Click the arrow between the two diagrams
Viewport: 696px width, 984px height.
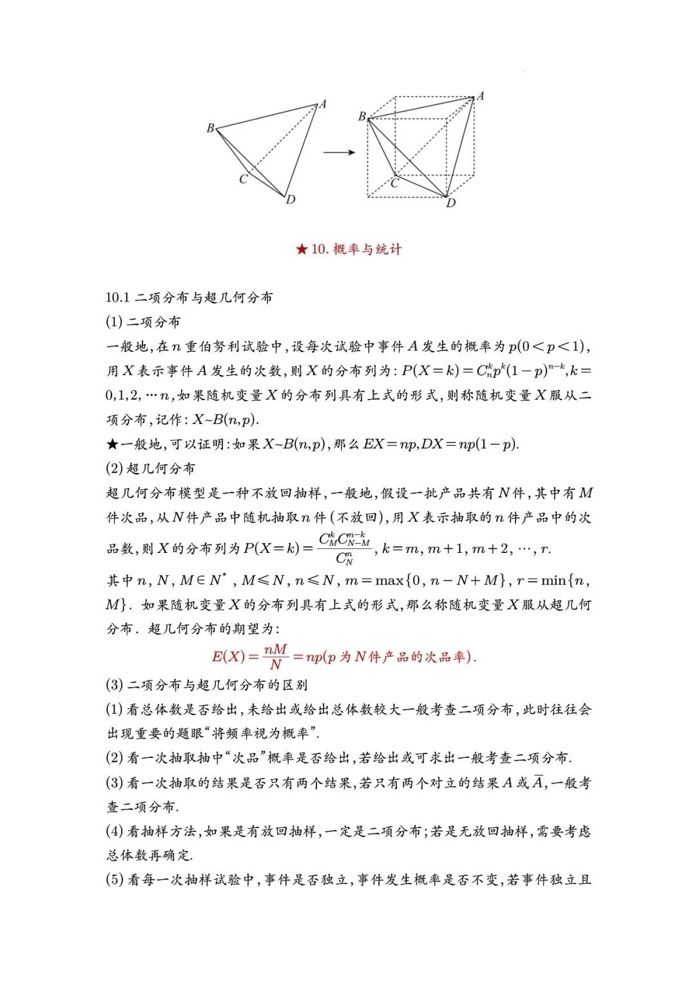click(x=338, y=153)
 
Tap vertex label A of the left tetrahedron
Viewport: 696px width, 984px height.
click(x=323, y=104)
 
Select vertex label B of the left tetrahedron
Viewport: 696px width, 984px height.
click(x=210, y=128)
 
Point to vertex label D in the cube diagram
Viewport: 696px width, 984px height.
click(x=451, y=203)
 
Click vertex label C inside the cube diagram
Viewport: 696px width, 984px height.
click(x=395, y=183)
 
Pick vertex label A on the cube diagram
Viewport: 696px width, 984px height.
click(x=480, y=96)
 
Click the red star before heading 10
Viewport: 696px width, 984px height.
click(x=302, y=249)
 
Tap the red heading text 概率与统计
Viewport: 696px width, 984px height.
click(x=367, y=249)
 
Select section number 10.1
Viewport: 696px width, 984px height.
click(x=118, y=297)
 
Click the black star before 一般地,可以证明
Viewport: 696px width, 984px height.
click(x=112, y=444)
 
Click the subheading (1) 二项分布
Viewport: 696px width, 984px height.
click(x=143, y=322)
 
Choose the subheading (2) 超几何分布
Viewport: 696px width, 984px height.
click(x=150, y=468)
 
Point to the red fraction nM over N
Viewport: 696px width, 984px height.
click(x=276, y=657)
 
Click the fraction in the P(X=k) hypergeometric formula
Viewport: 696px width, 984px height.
click(x=345, y=548)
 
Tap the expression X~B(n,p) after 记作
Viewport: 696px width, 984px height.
click(x=226, y=420)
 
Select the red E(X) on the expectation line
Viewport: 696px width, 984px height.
click(x=228, y=657)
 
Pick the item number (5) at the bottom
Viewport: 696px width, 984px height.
click(x=114, y=880)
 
